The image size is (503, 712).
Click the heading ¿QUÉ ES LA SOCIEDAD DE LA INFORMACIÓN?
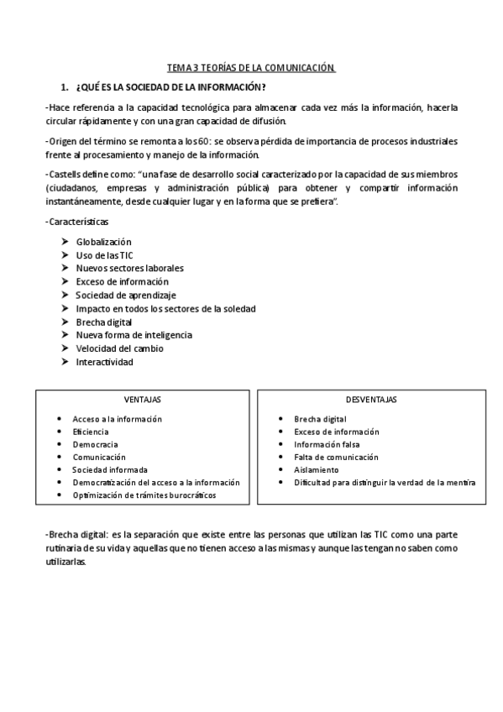click(170, 87)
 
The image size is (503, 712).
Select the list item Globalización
click(103, 242)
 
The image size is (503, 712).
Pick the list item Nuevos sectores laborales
click(129, 269)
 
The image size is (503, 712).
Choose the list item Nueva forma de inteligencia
click(134, 335)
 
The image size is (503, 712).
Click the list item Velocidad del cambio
click(119, 348)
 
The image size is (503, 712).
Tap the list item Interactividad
click(104, 362)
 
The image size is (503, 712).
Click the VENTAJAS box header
click(143, 400)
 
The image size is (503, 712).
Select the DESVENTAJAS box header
click(371, 400)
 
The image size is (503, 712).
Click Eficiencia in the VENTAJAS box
click(91, 432)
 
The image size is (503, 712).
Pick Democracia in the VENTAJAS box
click(95, 444)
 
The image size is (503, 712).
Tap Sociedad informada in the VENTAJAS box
click(110, 470)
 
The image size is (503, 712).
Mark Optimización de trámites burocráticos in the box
click(144, 495)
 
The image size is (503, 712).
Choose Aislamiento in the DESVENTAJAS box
click(316, 470)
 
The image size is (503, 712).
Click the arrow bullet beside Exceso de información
click(65, 282)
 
